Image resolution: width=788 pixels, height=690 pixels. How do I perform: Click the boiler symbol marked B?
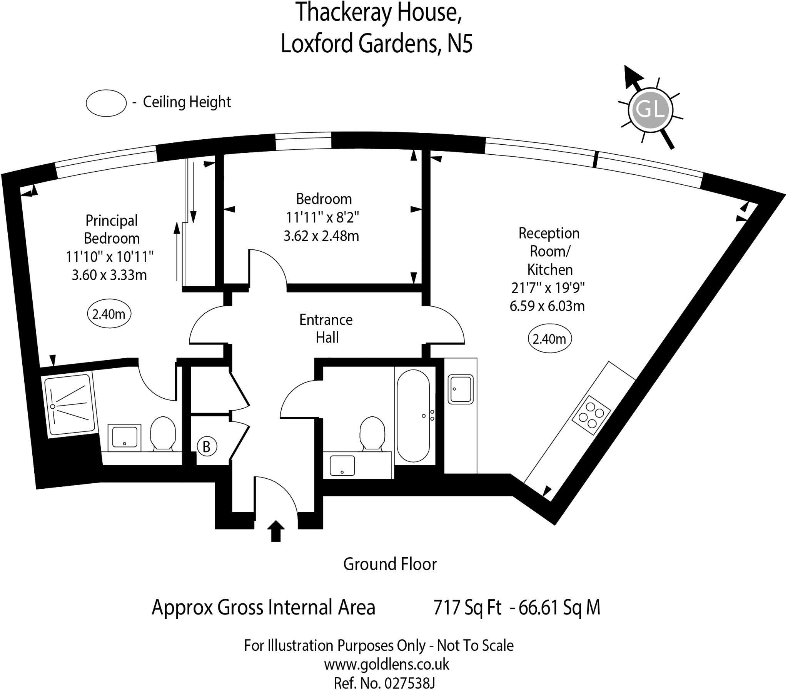point(207,447)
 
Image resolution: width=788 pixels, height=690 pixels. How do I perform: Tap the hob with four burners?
point(591,416)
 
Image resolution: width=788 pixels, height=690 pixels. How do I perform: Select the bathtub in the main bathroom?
point(413,416)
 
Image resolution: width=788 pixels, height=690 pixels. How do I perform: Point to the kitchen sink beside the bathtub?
point(461,389)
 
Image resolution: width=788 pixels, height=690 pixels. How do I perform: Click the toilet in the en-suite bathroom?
point(162,433)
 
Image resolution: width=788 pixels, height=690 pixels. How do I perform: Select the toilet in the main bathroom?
point(372,433)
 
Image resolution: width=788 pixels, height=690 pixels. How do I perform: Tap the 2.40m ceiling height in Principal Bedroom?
point(109,314)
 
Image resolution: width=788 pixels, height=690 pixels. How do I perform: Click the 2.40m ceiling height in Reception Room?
point(549,339)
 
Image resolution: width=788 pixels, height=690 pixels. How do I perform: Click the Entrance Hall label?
point(326,328)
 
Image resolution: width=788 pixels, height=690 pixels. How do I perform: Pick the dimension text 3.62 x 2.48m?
point(321,236)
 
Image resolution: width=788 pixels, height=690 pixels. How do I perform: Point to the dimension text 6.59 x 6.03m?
point(547,306)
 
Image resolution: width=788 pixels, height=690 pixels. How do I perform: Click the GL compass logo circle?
point(650,109)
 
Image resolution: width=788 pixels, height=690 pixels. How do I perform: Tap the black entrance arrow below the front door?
point(275,531)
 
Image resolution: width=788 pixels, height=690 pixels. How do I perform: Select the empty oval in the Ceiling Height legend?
point(106,103)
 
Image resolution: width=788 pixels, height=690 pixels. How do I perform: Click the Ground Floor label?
point(390,564)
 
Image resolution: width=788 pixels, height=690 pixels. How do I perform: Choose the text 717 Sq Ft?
point(467,608)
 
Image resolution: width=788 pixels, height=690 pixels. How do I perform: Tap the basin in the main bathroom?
point(342,466)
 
